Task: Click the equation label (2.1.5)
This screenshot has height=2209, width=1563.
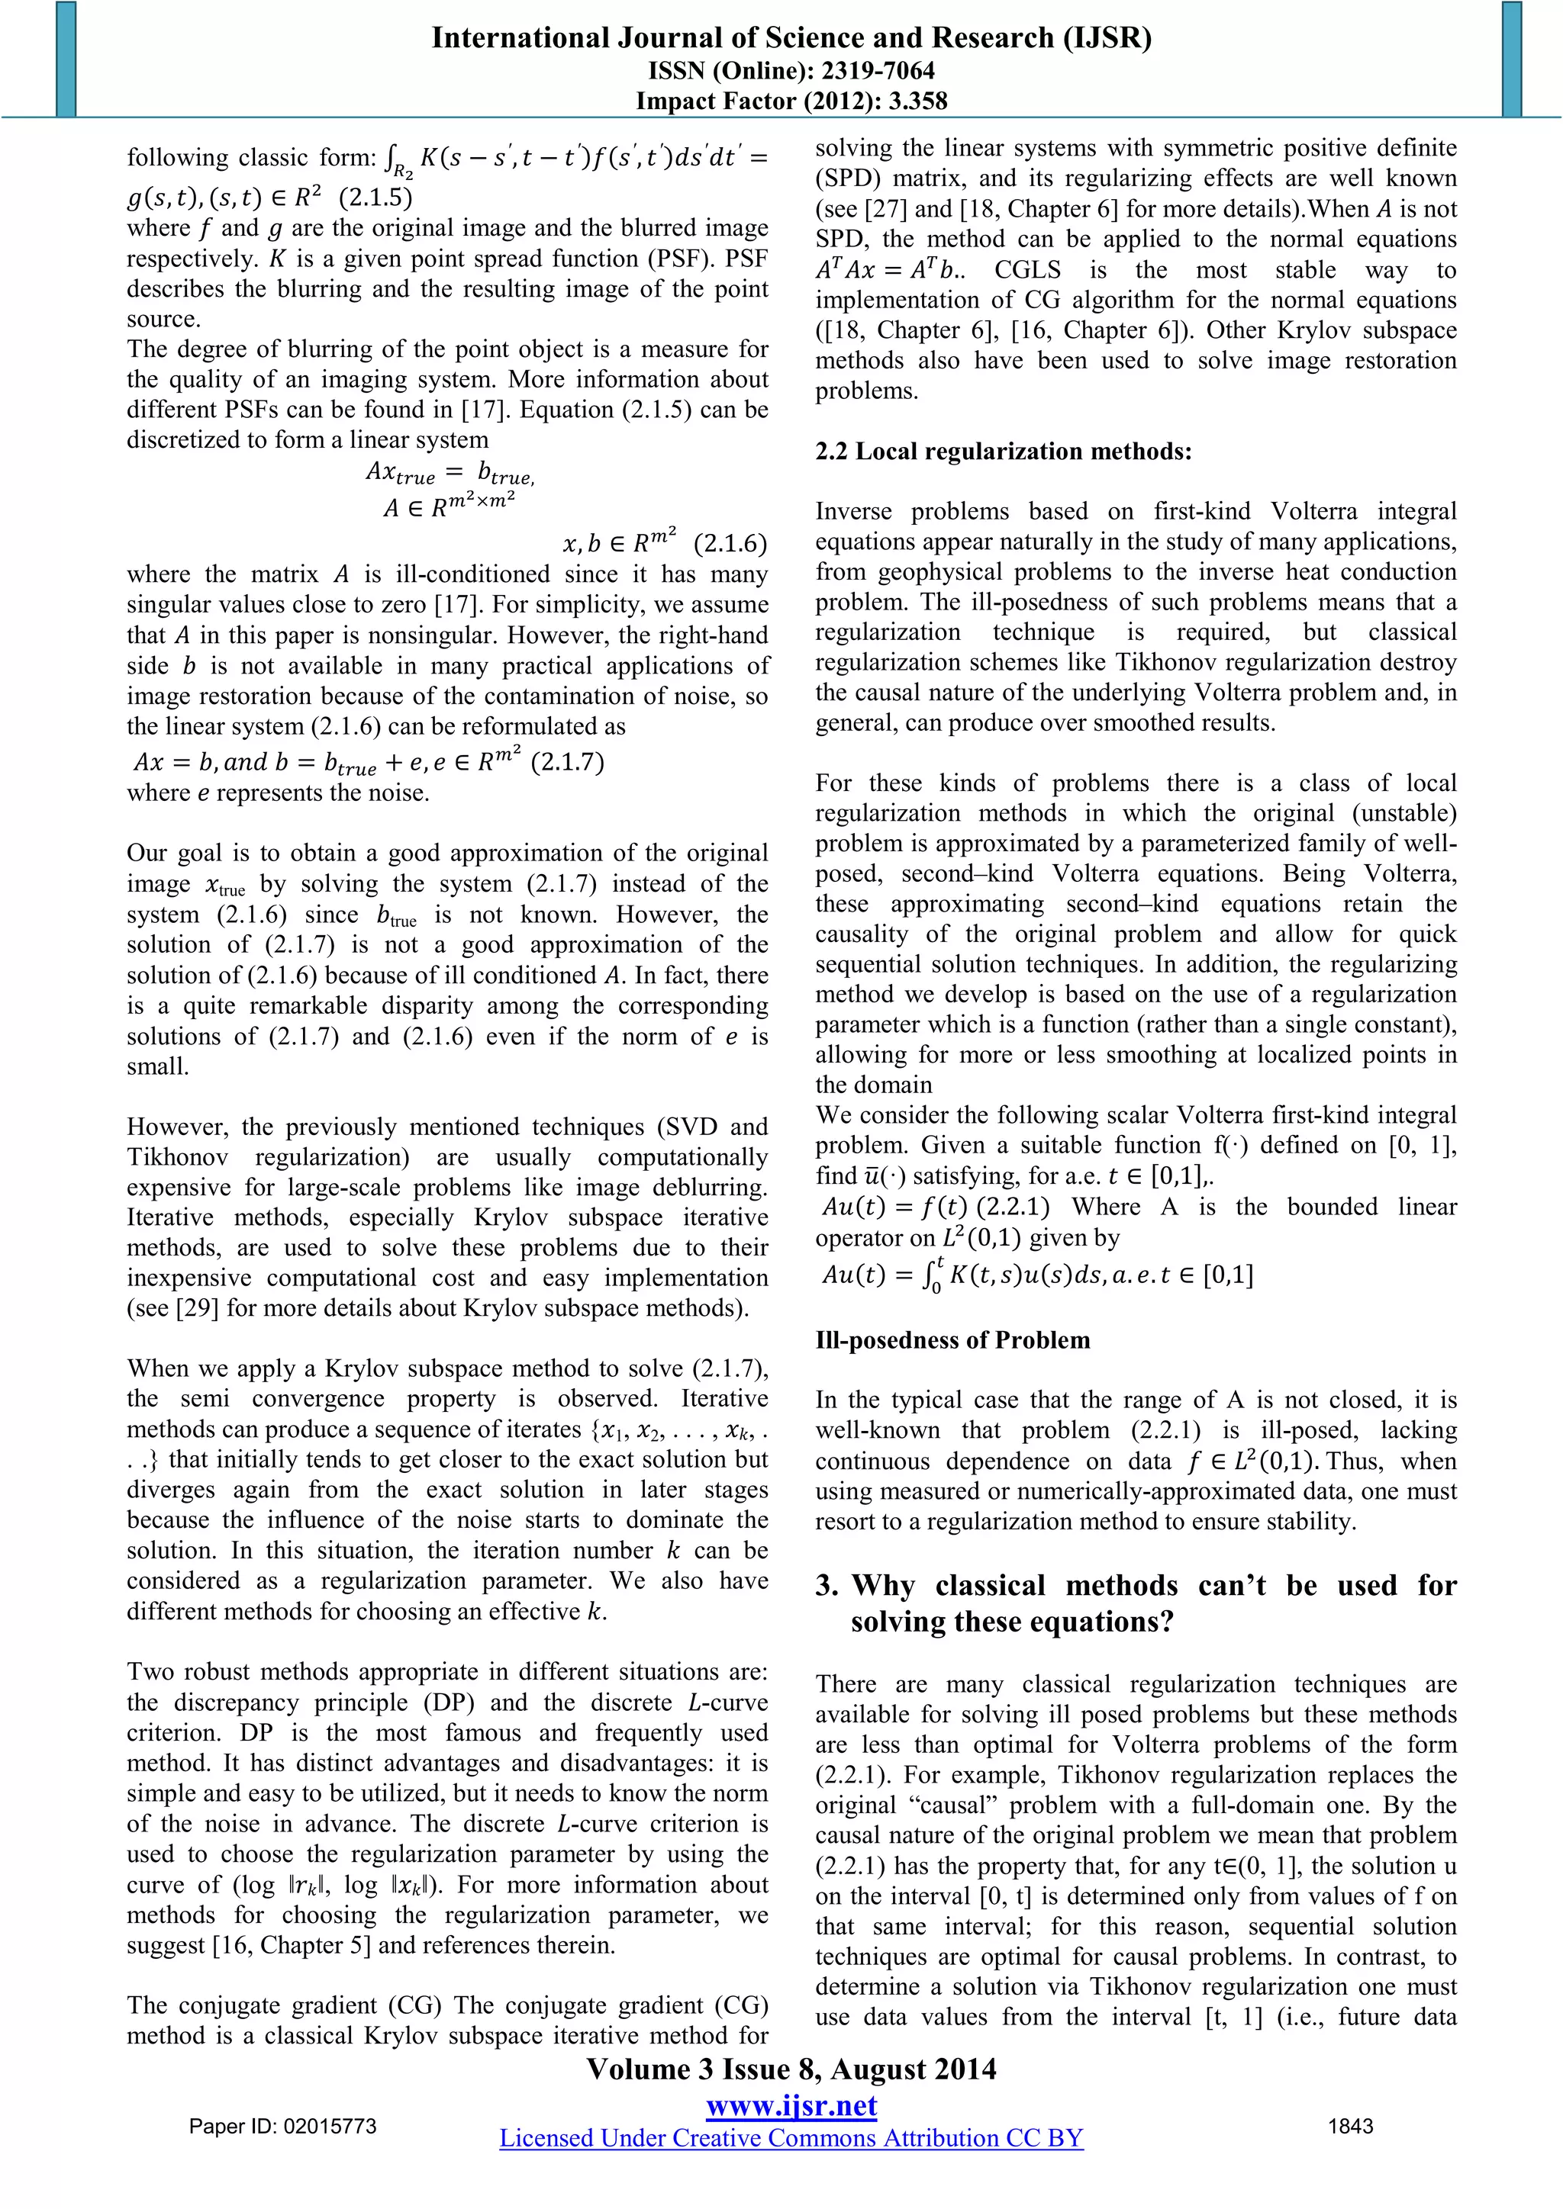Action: pos(375,198)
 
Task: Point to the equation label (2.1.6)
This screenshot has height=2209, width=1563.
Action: pos(730,544)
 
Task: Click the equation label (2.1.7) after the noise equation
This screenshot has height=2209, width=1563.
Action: pos(568,762)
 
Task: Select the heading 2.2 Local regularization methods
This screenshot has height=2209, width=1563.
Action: pos(1003,452)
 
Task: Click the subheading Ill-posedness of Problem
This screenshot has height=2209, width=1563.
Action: pos(952,1340)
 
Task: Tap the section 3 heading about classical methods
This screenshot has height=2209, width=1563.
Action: pos(1136,1604)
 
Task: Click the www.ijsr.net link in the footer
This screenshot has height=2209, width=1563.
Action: pos(791,2106)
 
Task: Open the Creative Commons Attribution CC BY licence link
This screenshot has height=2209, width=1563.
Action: pos(791,2138)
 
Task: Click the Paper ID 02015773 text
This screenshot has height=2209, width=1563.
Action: pos(283,2127)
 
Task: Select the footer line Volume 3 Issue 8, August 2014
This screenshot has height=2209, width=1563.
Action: pos(791,2069)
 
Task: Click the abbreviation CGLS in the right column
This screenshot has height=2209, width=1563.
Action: pos(1028,269)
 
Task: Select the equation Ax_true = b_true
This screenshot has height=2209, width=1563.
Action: pos(450,472)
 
